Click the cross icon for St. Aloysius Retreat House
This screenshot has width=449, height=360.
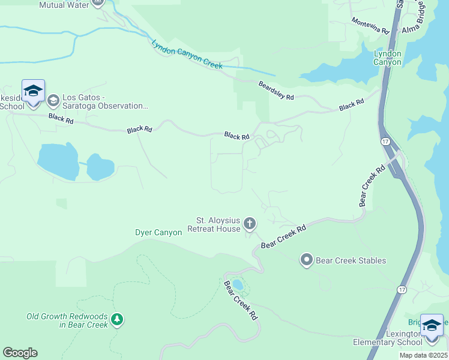coord(250,224)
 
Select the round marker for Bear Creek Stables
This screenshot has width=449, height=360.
coord(307,260)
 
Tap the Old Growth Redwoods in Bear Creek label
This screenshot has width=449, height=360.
coord(67,320)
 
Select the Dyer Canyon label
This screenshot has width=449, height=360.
coord(158,232)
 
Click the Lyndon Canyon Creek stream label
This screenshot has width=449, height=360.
coord(187,56)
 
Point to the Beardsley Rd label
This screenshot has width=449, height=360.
coord(277,91)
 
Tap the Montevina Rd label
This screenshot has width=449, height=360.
coord(370,26)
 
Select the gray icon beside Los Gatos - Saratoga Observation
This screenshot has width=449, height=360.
coord(53,100)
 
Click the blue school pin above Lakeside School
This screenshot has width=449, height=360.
coord(33,92)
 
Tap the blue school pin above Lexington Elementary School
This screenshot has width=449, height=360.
coord(432,326)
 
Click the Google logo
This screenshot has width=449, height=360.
coord(20,353)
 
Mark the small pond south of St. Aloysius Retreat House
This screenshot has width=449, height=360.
coord(238,284)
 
